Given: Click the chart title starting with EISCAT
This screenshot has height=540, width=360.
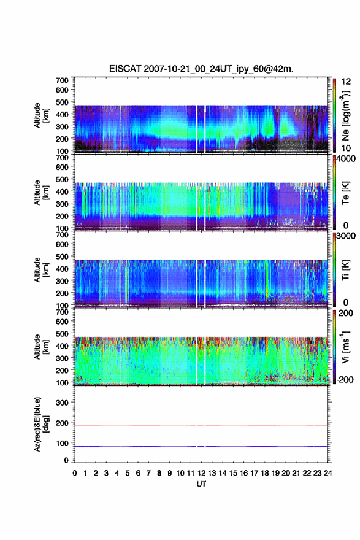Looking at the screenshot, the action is point(201,69).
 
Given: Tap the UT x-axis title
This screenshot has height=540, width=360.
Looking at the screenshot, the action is point(201,484).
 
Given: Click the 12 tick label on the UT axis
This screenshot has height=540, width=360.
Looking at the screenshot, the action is point(201,473).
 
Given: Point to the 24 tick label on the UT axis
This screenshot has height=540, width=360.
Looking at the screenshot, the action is point(327,473).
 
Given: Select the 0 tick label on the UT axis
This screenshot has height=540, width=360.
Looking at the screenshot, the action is point(75,473).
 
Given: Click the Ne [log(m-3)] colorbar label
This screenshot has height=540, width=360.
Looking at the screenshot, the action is point(345,116).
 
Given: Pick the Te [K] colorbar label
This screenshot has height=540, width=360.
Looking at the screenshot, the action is point(345,193).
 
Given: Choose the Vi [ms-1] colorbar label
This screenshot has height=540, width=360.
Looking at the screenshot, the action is point(345,347).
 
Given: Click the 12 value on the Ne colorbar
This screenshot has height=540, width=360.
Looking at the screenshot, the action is point(346,82).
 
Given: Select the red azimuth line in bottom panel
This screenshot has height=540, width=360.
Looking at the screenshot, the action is point(201,426).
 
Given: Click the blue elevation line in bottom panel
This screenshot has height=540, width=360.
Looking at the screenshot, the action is point(201,446).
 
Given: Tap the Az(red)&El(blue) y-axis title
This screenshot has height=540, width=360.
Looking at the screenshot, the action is point(41,424).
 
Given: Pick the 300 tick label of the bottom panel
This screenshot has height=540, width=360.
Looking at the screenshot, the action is point(62,403).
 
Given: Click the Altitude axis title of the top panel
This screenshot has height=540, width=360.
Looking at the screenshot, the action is point(41,115).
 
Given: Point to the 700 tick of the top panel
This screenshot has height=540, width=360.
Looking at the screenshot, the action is point(62,80).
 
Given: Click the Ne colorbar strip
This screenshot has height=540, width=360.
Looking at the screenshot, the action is point(334,115).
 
